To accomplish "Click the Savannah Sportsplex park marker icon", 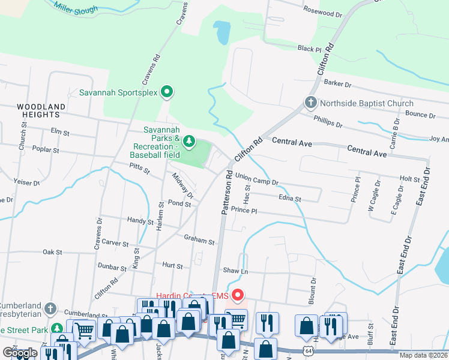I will click(167, 92).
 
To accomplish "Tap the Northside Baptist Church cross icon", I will click(311, 103).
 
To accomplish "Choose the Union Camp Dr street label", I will click(257, 178).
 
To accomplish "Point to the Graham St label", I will click(199, 241).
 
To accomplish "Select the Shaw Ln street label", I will click(235, 271).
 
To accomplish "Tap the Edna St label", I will click(289, 199).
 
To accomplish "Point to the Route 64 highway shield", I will click(308, 350).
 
